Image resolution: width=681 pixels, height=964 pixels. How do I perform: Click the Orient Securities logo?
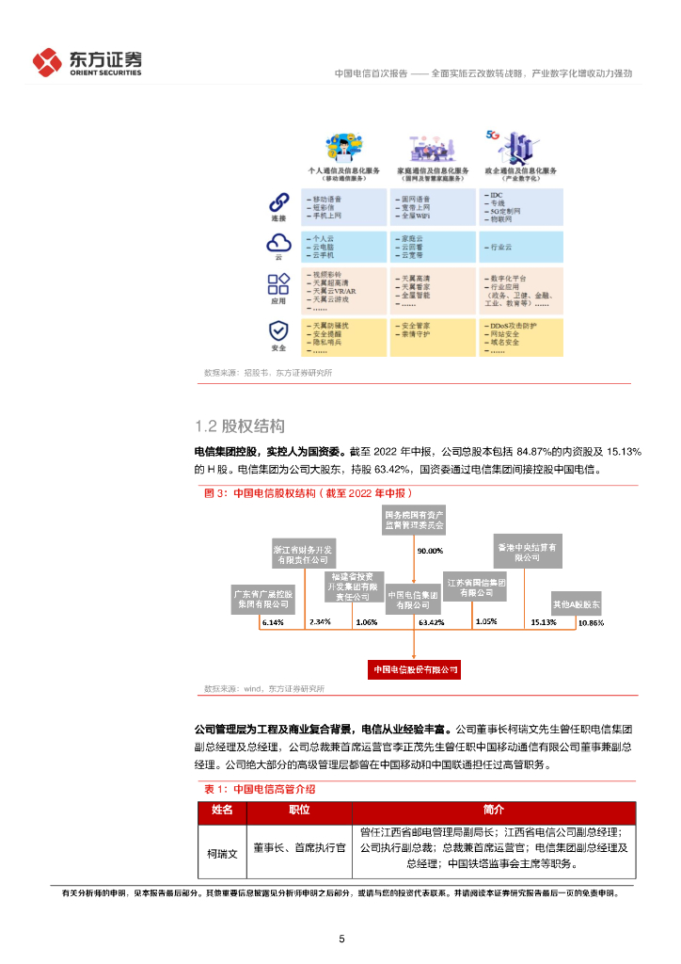tap(87, 62)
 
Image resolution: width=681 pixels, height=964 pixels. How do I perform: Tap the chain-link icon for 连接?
tap(278, 202)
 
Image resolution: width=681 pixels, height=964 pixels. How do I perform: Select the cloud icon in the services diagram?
tap(278, 243)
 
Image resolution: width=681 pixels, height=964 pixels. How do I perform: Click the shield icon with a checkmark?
tap(278, 331)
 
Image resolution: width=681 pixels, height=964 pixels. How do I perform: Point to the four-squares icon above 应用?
tap(278, 283)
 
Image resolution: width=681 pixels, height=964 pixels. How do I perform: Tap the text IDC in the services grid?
tap(497, 193)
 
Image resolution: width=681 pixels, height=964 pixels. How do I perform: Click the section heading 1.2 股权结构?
tap(239, 426)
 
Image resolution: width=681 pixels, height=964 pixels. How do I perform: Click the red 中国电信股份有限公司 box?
tap(414, 669)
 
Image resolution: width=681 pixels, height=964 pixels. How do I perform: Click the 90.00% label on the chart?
tap(429, 551)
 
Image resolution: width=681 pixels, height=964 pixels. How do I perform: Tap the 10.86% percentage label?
tap(591, 622)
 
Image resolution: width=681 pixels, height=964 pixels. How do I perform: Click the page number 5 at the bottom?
tap(341, 939)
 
